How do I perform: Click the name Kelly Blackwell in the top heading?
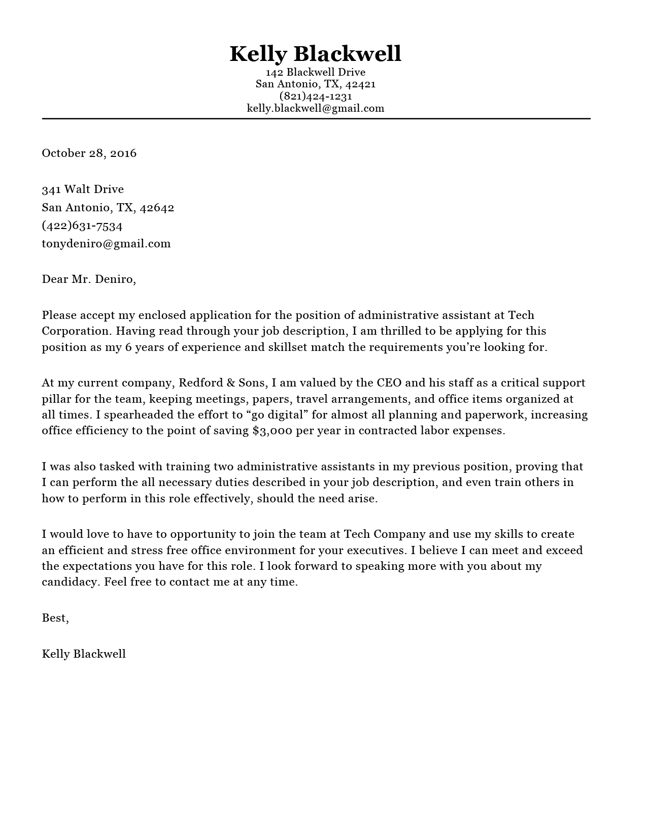(x=315, y=54)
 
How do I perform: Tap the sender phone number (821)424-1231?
(x=315, y=96)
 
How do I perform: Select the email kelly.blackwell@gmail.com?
(x=315, y=108)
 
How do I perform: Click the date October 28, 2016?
(x=89, y=153)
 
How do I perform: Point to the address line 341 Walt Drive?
(x=83, y=189)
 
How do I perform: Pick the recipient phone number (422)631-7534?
(x=82, y=225)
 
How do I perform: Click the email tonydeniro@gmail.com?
(x=106, y=243)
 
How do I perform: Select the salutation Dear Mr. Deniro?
(x=89, y=279)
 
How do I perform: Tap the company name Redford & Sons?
(x=222, y=383)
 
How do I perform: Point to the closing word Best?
(x=55, y=618)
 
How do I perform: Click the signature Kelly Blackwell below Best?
(x=84, y=654)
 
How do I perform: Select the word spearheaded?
(x=139, y=415)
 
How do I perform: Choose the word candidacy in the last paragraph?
(x=71, y=582)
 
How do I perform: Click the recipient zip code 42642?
(x=157, y=208)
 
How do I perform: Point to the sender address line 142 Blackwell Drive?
(x=315, y=72)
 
